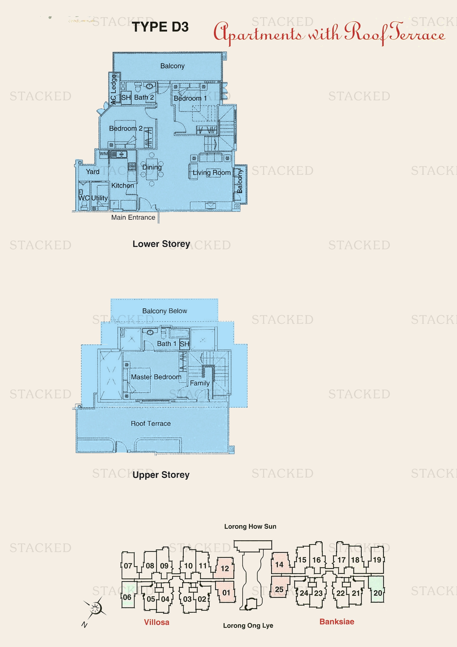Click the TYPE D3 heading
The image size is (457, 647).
[x=160, y=27]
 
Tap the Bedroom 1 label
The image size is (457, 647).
[x=190, y=98]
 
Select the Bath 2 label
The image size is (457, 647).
[x=144, y=97]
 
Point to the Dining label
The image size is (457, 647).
[x=152, y=167]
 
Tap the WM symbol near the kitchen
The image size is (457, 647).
[x=104, y=154]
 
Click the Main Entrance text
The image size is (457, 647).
[x=133, y=217]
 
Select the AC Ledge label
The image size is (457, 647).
[x=113, y=89]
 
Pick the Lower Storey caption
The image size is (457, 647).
[x=161, y=243]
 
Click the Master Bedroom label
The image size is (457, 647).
[x=156, y=377]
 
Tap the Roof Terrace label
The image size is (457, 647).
[x=151, y=423]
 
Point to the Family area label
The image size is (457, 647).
[x=199, y=383]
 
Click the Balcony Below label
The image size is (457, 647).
[x=164, y=311]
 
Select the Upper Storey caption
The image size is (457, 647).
[x=161, y=475]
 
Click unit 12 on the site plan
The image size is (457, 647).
[x=225, y=568]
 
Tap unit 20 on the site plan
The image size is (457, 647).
[x=377, y=593]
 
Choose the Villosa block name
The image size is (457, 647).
[x=156, y=622]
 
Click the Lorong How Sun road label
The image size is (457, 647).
[x=250, y=526]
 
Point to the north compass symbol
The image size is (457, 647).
[x=95, y=608]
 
